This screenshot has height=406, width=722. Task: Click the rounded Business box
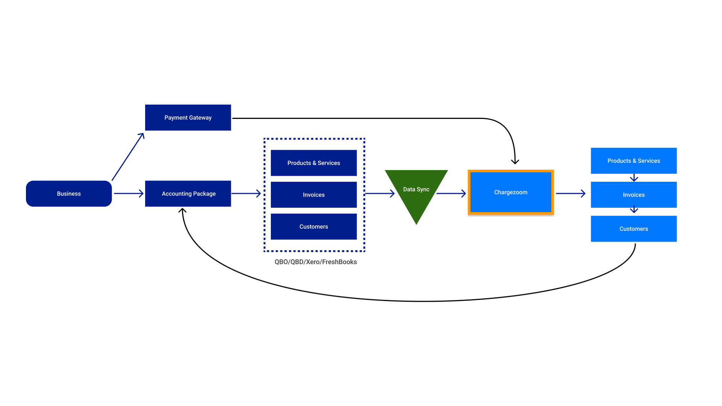pyautogui.click(x=69, y=193)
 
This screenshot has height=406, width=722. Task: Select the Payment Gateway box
pyautogui.click(x=188, y=117)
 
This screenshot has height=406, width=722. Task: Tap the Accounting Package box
pyautogui.click(x=188, y=193)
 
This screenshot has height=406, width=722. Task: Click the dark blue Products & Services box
pyautogui.click(x=314, y=163)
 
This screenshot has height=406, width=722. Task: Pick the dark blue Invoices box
pyautogui.click(x=314, y=195)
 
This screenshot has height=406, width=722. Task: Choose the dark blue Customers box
pyautogui.click(x=314, y=227)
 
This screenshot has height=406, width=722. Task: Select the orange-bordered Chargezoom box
pyautogui.click(x=511, y=192)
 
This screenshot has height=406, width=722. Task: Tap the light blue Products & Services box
pyautogui.click(x=634, y=161)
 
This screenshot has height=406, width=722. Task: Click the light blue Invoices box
pyautogui.click(x=634, y=195)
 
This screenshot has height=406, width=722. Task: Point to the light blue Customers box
pyautogui.click(x=634, y=229)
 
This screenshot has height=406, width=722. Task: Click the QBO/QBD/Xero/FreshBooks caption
pyautogui.click(x=315, y=262)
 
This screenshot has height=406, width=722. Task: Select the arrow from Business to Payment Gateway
pyautogui.click(x=128, y=157)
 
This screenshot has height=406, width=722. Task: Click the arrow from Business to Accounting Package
pyautogui.click(x=129, y=193)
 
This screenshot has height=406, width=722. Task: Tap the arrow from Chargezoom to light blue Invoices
pyautogui.click(x=571, y=193)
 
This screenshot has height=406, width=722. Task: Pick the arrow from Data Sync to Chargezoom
pyautogui.click(x=451, y=193)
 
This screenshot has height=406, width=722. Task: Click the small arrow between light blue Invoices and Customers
pyautogui.click(x=634, y=209)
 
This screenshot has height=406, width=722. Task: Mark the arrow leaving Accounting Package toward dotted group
pyautogui.click(x=246, y=193)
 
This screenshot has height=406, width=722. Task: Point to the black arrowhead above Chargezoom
pyautogui.click(x=515, y=161)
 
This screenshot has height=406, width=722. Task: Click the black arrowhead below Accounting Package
pyautogui.click(x=182, y=210)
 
